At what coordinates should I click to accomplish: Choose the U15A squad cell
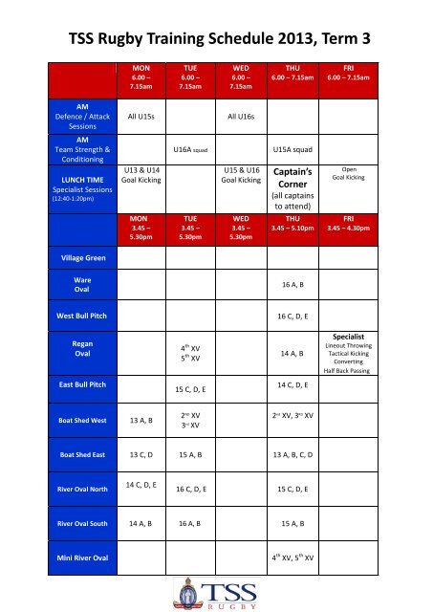tap(294, 149)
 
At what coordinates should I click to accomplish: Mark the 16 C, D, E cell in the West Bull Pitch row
tap(292, 313)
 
